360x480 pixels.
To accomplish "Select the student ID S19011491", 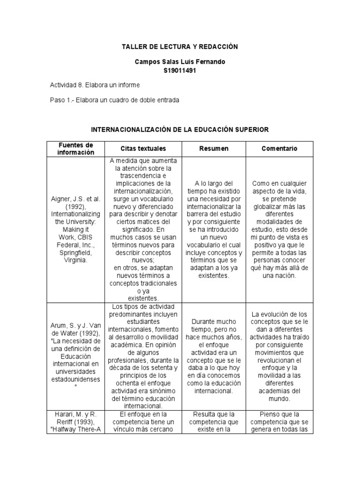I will pos(180,70).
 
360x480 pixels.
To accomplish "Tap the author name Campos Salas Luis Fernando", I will pos(180,62).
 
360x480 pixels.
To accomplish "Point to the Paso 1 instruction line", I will pos(114,100).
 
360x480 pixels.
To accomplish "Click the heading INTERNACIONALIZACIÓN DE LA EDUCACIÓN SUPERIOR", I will pos(180,129).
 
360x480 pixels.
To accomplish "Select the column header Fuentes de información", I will pos(76,149).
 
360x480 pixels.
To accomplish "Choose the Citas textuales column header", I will pos(143,149).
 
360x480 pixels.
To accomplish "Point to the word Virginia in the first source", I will pos(75,260).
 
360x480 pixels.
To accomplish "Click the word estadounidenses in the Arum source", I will pos(76,380).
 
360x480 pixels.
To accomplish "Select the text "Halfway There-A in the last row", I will pos(76,432).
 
